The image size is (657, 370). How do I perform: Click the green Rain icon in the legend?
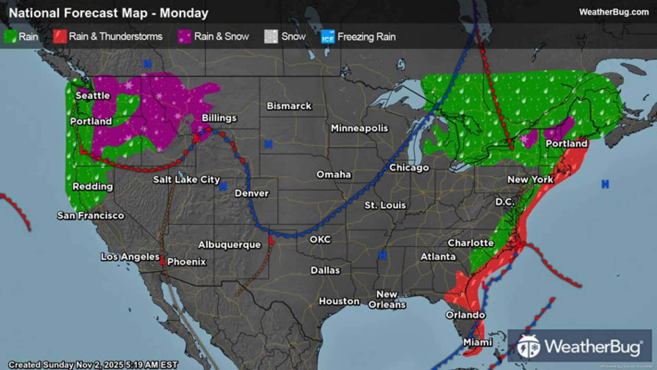(10, 36)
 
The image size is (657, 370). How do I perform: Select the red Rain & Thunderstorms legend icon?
(60, 36)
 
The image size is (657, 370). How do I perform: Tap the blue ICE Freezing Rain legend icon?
(328, 37)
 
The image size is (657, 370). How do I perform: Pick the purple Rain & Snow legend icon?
(185, 36)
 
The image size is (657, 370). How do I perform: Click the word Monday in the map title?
(184, 13)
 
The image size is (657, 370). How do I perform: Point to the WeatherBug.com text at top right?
(614, 12)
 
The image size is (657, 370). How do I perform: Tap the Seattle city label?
(92, 96)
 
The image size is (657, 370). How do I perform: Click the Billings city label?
(219, 118)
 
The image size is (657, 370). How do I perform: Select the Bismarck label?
(289, 106)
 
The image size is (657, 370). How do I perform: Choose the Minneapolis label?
(359, 128)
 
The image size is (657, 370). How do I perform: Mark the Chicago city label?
(409, 168)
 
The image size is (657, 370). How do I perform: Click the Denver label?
(252, 193)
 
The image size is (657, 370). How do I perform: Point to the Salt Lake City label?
(186, 180)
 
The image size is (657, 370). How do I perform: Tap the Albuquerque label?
(229, 245)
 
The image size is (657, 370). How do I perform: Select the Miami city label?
(477, 342)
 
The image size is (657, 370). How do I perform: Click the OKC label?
(320, 239)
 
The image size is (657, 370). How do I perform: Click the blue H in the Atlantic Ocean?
(605, 184)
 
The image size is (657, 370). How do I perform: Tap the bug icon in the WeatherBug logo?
(528, 346)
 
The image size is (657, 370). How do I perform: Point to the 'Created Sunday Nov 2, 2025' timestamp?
(93, 365)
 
